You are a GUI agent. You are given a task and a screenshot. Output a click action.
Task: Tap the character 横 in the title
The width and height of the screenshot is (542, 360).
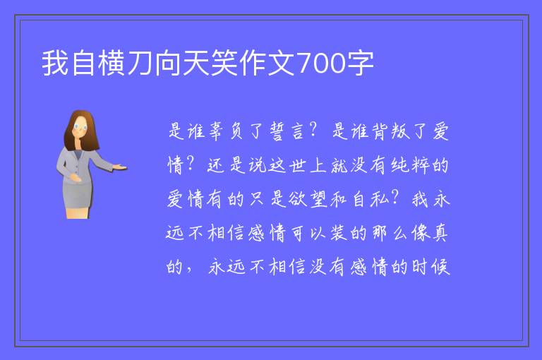(112, 63)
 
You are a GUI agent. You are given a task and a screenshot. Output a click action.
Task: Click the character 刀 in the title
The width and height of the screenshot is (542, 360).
(140, 63)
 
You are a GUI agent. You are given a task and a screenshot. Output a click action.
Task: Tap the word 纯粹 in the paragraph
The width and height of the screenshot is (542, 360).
(411, 165)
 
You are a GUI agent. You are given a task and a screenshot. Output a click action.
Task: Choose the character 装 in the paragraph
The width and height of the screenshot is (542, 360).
(338, 233)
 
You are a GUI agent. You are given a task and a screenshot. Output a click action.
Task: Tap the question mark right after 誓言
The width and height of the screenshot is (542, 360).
(313, 131)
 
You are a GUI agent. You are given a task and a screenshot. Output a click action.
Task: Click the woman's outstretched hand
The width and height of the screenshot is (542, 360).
(120, 168)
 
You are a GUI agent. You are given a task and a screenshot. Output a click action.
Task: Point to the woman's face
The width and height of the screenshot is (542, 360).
(80, 127)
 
